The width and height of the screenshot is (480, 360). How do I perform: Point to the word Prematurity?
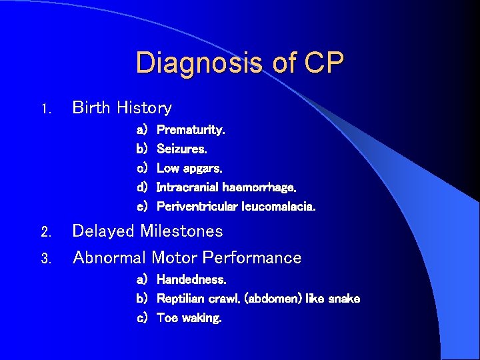pyautogui.click(x=191, y=130)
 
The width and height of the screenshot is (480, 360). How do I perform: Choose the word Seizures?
pyautogui.click(x=181, y=149)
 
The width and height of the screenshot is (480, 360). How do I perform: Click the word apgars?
pyautogui.click(x=203, y=169)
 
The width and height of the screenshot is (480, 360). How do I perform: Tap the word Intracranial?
pyautogui.click(x=188, y=187)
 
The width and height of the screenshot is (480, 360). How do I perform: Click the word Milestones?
pyautogui.click(x=182, y=231)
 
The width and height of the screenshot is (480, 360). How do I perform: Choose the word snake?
pyautogui.click(x=343, y=299)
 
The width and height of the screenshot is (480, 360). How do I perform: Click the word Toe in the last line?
pyautogui.click(x=167, y=318)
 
